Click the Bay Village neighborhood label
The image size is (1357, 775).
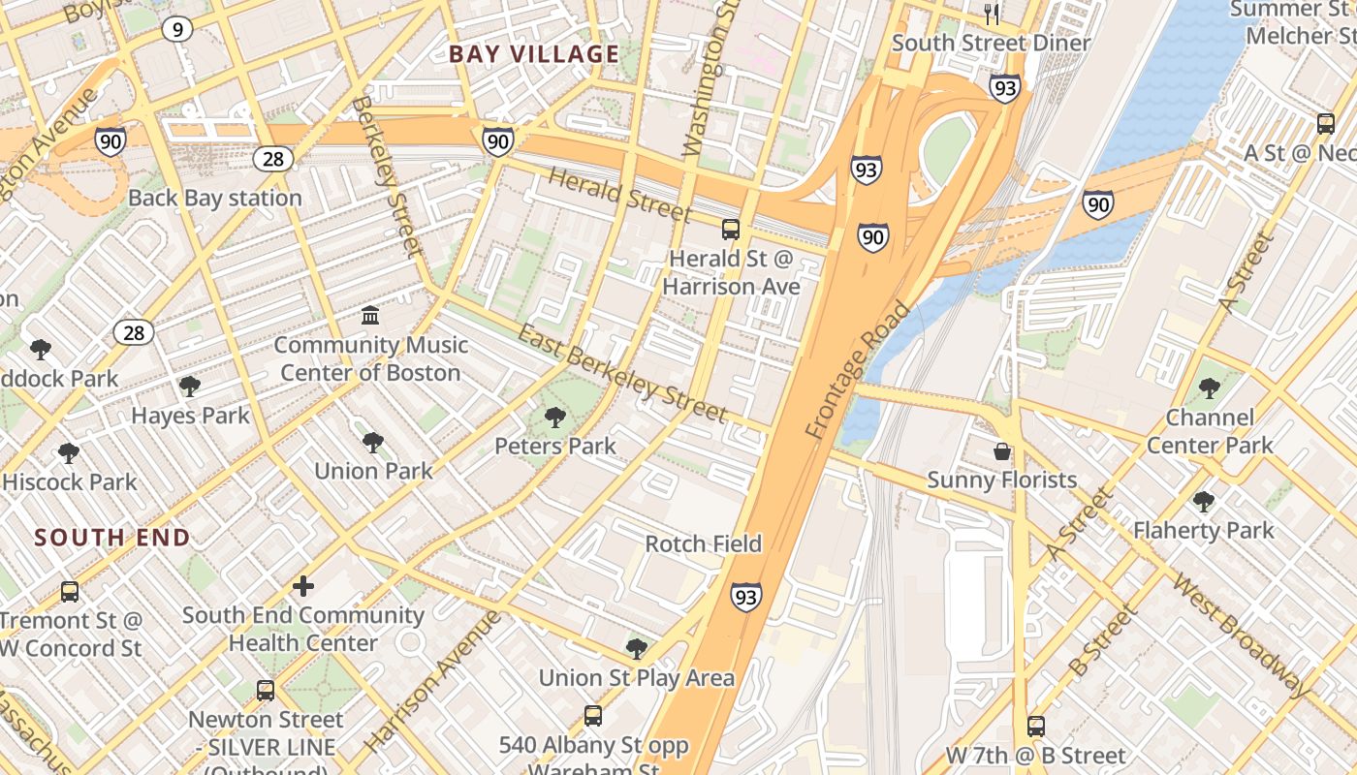pyautogui.click(x=534, y=54)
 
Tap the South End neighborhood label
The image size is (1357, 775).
pyautogui.click(x=112, y=538)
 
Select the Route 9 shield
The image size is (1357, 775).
pyautogui.click(x=176, y=30)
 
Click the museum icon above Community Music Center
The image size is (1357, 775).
pyautogui.click(x=370, y=316)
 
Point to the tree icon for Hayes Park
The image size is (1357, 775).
pyautogui.click(x=190, y=387)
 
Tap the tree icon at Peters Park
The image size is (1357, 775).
pyautogui.click(x=555, y=418)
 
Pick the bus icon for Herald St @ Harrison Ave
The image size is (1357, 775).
pyautogui.click(x=731, y=230)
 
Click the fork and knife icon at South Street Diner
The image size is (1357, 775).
pyautogui.click(x=991, y=15)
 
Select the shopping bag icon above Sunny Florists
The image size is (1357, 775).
pyautogui.click(x=1002, y=451)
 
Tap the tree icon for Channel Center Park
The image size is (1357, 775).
pyautogui.click(x=1209, y=389)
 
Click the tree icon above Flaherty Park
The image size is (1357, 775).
pyautogui.click(x=1204, y=502)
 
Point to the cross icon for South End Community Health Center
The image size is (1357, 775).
pyautogui.click(x=303, y=586)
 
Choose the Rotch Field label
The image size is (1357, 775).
pyautogui.click(x=704, y=543)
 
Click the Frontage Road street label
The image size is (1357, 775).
pyautogui.click(x=859, y=370)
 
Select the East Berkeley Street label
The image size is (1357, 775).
pyautogui.click(x=622, y=374)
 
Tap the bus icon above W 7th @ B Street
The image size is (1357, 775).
pyautogui.click(x=1036, y=727)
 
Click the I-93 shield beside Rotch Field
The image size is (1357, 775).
pyautogui.click(x=746, y=597)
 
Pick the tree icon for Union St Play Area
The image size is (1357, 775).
pyautogui.click(x=637, y=648)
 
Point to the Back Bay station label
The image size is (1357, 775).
pyautogui.click(x=215, y=198)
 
